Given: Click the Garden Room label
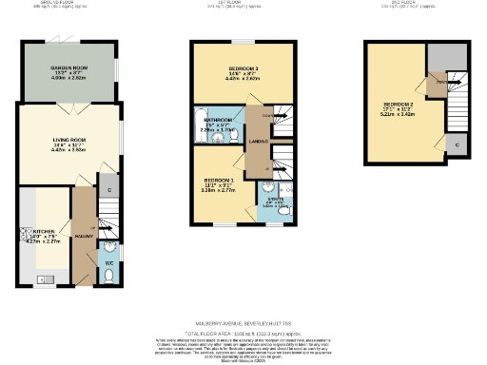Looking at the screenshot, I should point(68,70).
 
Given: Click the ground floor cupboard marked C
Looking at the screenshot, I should point(110,191).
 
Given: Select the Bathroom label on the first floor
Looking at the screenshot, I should point(218,124).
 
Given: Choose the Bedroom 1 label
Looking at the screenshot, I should point(219,182).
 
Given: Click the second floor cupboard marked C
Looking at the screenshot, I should point(458,144).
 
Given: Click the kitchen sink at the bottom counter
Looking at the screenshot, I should point(41,279).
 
